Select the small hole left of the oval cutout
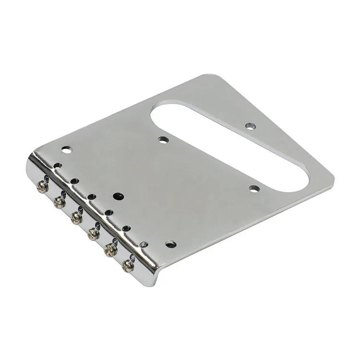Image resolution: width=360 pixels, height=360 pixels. coord(164,140)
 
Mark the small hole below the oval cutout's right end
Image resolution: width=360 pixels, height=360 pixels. coord(254,188)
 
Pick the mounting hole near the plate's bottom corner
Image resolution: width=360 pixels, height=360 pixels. coord(171,244)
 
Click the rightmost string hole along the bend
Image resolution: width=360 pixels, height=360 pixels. coord(144,244)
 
